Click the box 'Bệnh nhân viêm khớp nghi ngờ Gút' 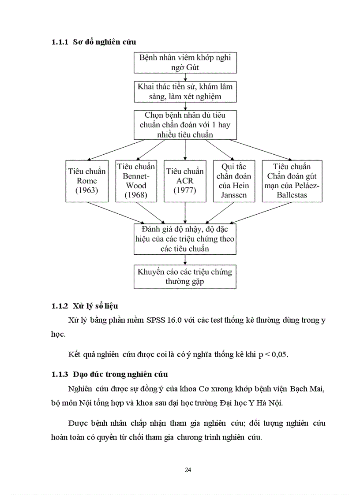pyautogui.click(x=185, y=63)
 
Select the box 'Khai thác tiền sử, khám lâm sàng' pyautogui.click(x=185, y=91)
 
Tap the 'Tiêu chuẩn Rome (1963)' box pyautogui.click(x=87, y=181)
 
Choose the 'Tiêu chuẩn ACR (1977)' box pyautogui.click(x=185, y=181)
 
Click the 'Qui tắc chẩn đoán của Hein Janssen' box pyautogui.click(x=234, y=181)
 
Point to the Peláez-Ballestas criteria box pyautogui.click(x=292, y=181)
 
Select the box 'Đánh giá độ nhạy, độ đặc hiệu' pyautogui.click(x=185, y=239)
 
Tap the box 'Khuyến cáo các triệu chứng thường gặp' pyautogui.click(x=185, y=276)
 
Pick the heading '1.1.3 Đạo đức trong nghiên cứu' pyautogui.click(x=109, y=375)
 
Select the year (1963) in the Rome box pyautogui.click(x=87, y=190)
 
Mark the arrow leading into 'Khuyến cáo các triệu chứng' pyautogui.click(x=185, y=260)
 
